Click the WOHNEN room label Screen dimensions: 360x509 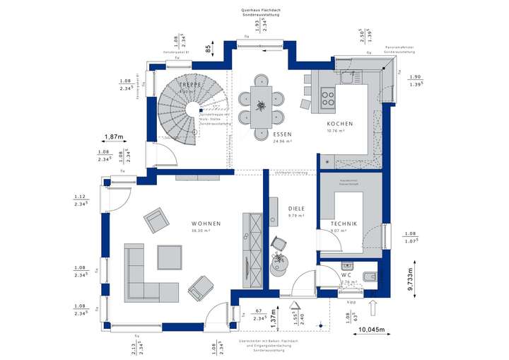pyautogui.click(x=206, y=223)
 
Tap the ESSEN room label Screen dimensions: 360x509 pyautogui.click(x=283, y=133)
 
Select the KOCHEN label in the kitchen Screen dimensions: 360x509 pyautogui.click(x=339, y=123)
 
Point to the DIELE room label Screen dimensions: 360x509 pyautogui.click(x=296, y=209)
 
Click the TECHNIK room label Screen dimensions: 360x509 pyautogui.click(x=344, y=223)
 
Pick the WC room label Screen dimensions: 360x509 pyautogui.click(x=347, y=274)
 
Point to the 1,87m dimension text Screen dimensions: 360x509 pyautogui.click(x=115, y=137)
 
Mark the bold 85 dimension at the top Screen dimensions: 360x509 pyautogui.click(x=209, y=50)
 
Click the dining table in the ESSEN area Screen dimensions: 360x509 pyautogui.click(x=261, y=107)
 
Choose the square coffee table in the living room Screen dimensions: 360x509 pyautogui.click(x=169, y=256)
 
